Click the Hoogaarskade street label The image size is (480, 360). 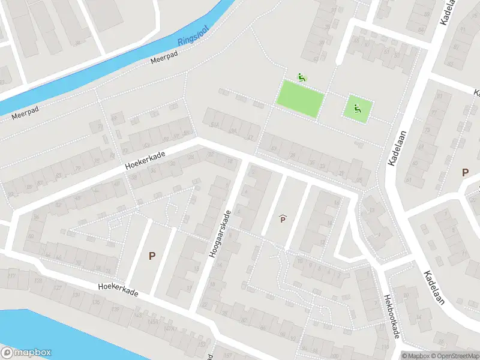tap(220, 235)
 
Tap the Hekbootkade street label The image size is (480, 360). tap(392, 316)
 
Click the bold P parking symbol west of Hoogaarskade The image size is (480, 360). tap(152, 256)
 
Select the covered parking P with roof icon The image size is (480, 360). tap(283, 219)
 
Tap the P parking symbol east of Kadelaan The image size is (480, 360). tap(465, 173)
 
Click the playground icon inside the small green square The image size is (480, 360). tap(357, 109)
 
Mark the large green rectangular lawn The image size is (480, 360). tap(299, 98)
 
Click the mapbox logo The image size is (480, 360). tap(26, 353)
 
